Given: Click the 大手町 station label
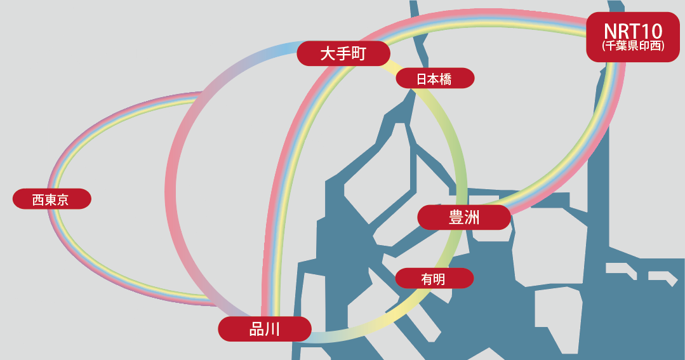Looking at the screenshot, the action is coord(343,53).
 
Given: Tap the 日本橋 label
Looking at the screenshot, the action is coord(435,79).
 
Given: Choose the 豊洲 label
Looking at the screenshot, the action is coord(464,217).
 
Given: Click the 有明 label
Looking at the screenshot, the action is coord(434,278).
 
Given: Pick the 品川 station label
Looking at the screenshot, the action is coord(265,329).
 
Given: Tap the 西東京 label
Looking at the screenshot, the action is coord(51,199).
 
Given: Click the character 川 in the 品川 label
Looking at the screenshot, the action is coord(273,329).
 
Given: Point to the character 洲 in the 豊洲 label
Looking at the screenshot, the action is coord(472,217).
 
